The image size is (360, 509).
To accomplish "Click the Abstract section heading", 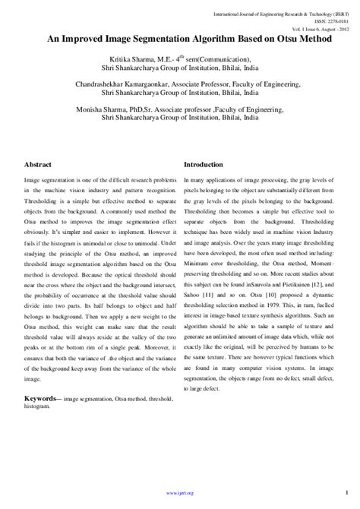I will [39, 164].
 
